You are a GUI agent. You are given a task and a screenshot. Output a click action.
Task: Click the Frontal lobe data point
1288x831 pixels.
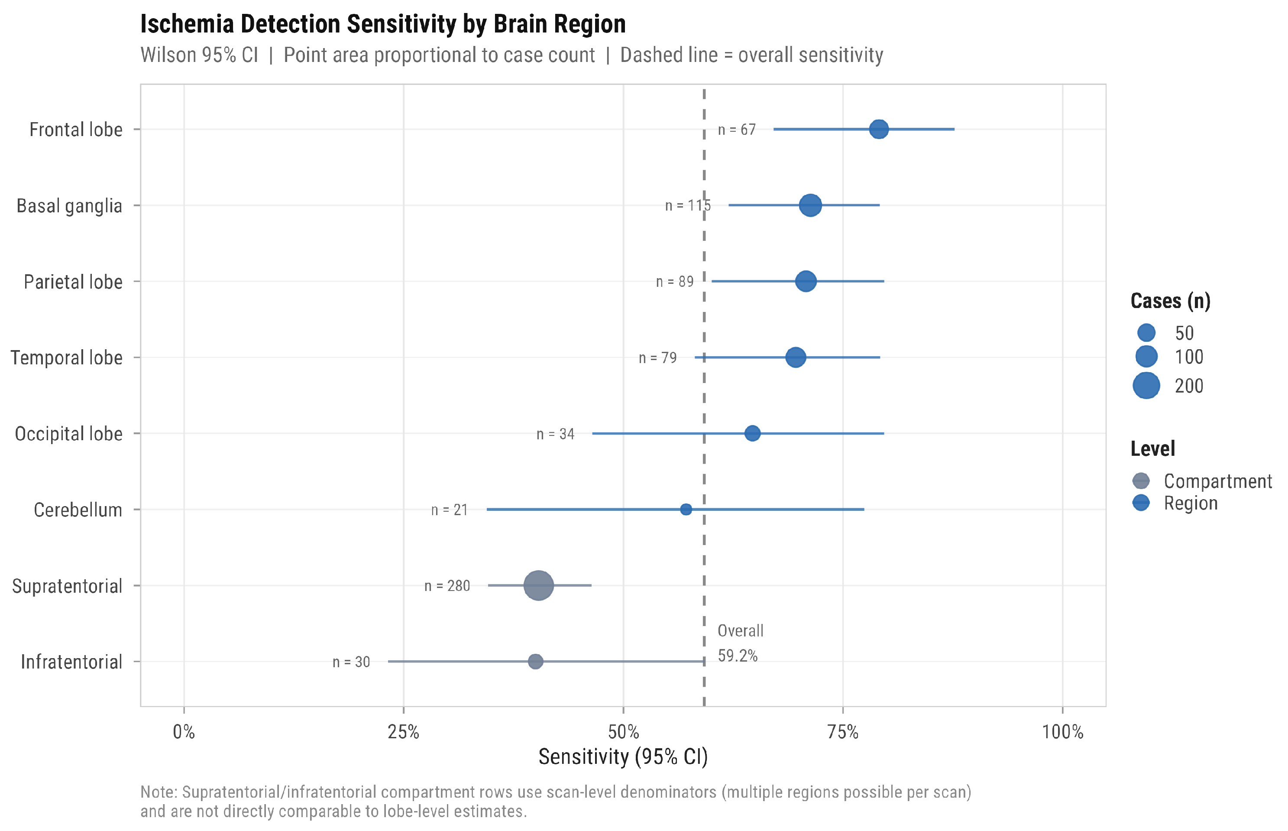879,129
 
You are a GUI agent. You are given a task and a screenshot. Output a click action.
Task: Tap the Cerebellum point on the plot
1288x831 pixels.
686,510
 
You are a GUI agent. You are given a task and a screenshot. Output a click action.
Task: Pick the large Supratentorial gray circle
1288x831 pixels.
538,585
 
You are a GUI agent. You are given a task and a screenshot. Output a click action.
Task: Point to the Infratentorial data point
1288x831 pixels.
535,662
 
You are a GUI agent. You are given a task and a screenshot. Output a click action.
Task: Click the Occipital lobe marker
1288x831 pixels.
752,433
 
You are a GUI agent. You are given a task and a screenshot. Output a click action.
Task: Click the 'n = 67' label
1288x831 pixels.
737,130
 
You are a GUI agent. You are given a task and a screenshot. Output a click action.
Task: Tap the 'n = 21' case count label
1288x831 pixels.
449,510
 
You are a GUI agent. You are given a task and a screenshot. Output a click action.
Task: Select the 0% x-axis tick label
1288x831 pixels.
184,732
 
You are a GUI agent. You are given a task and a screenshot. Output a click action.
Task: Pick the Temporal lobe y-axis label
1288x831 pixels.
66,358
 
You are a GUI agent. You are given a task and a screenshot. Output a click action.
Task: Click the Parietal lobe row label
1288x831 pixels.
73,282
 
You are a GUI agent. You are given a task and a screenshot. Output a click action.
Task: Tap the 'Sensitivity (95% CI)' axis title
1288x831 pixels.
623,756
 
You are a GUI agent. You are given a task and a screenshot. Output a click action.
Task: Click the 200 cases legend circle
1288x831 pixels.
1146,386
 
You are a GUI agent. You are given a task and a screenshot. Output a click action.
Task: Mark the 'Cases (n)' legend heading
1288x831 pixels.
1171,301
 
